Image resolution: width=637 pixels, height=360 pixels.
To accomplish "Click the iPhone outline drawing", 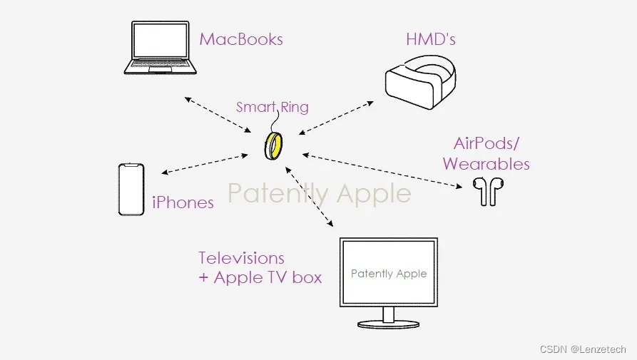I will [131, 189].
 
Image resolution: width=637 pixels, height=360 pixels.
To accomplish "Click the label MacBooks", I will [241, 39].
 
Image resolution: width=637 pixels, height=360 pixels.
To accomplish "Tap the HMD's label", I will [430, 39].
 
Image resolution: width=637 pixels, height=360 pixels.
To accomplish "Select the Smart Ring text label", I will [272, 108].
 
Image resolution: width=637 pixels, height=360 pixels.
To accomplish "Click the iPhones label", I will [183, 202].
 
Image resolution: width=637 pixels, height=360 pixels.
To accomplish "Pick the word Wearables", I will [486, 164].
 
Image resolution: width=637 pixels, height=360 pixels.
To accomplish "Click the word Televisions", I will [241, 258].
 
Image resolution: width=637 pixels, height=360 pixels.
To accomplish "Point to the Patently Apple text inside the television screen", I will [389, 274].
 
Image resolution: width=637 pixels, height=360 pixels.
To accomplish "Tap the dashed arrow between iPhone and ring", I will [210, 163].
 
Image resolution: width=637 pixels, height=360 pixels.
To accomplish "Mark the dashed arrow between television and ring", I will [310, 196].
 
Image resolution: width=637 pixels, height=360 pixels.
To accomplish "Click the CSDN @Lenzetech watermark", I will [583, 349].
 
